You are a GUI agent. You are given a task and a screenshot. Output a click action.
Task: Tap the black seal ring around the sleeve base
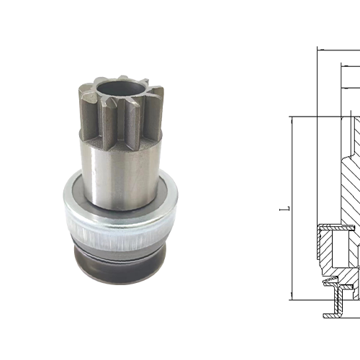pyautogui.click(x=119, y=210)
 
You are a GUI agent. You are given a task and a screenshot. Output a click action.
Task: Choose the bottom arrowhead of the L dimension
pyautogui.click(x=291, y=294)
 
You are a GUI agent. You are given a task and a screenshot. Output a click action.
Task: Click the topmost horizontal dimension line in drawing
pyautogui.click(x=338, y=50)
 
